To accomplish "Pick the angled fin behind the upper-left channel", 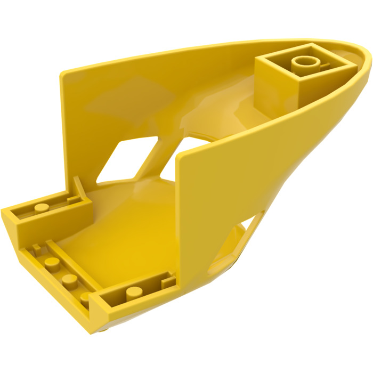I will [78, 188].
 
